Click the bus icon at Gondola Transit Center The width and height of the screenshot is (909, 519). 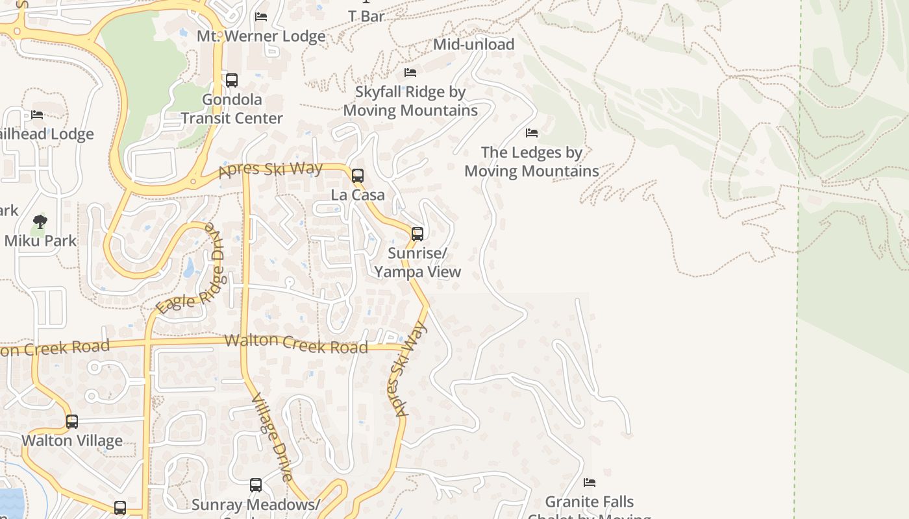tap(232, 80)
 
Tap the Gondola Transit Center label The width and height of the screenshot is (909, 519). tap(232, 109)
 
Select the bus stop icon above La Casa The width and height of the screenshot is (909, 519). tap(358, 175)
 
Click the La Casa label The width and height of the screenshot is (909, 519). tap(358, 195)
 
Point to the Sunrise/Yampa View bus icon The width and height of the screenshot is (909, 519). tap(417, 234)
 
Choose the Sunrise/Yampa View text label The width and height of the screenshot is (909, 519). tap(417, 262)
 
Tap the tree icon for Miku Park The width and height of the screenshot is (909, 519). tap(40, 222)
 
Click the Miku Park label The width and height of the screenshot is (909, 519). tap(40, 241)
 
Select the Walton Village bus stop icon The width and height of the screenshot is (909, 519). tap(72, 422)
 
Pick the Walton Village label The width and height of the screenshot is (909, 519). tap(72, 441)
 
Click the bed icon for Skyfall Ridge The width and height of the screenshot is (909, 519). tap(410, 72)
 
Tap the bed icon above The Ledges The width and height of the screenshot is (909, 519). tap(532, 133)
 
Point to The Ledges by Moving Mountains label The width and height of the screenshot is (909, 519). tap(532, 162)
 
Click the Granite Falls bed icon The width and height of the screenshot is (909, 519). tap(590, 482)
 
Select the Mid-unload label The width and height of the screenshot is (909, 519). tap(474, 45)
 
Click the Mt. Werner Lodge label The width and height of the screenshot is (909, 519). tap(261, 36)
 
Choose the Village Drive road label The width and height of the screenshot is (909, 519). tap(273, 437)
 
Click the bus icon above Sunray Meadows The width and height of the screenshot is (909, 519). tap(256, 485)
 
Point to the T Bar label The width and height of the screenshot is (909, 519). tap(367, 16)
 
